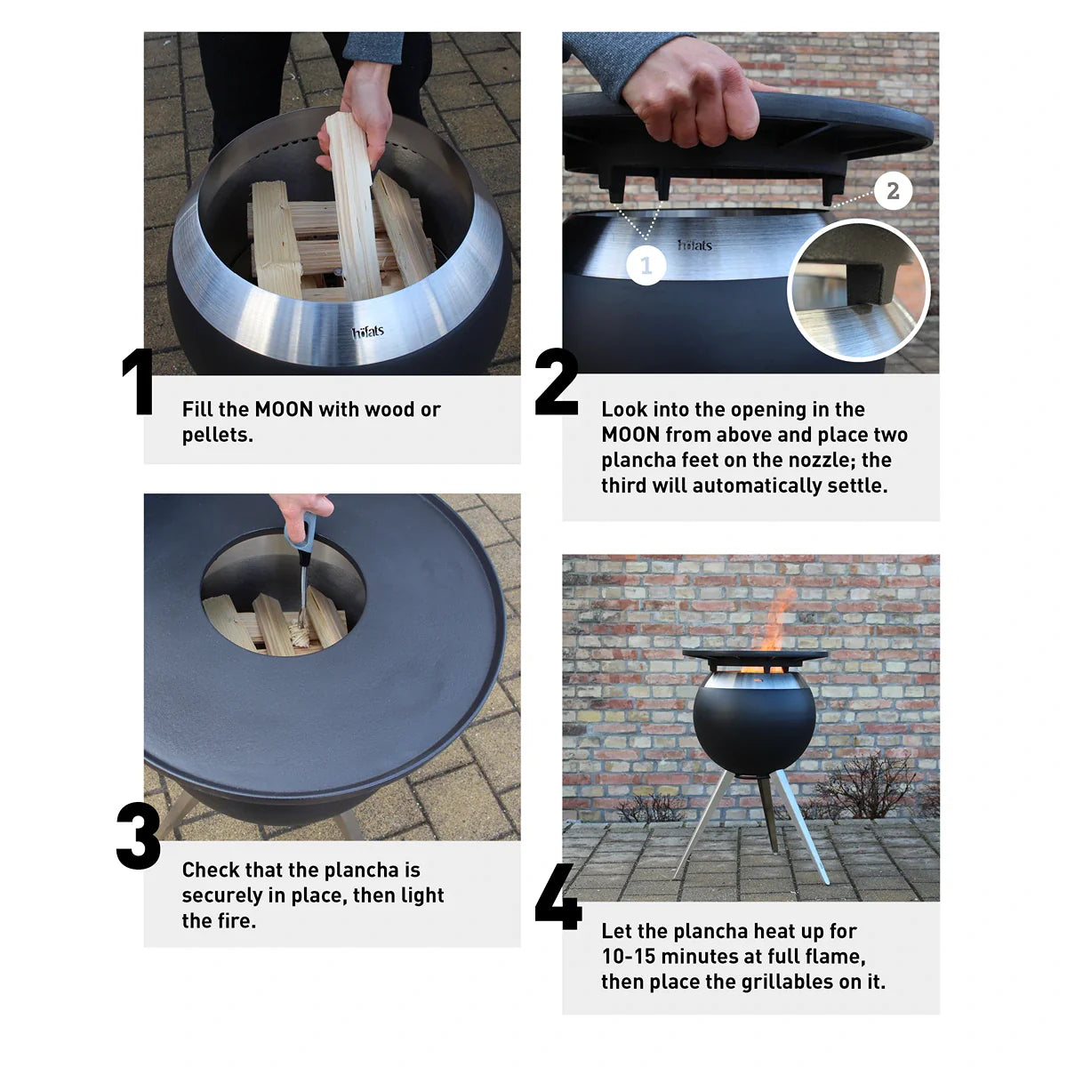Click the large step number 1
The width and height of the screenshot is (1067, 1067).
point(139,382)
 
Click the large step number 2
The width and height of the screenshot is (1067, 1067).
point(557,382)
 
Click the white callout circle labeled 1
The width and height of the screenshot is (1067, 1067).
point(646,265)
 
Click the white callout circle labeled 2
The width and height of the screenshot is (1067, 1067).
point(893,191)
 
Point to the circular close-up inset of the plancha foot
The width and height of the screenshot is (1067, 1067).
point(858,292)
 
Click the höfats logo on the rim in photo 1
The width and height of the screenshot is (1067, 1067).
point(368,333)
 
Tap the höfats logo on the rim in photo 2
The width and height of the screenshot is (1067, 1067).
point(694,245)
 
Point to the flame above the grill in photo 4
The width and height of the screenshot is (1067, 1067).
point(774,622)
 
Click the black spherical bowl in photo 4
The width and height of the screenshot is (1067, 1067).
point(753,725)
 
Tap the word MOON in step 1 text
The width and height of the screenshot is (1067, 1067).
point(284,410)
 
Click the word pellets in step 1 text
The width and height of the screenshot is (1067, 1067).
point(215,436)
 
